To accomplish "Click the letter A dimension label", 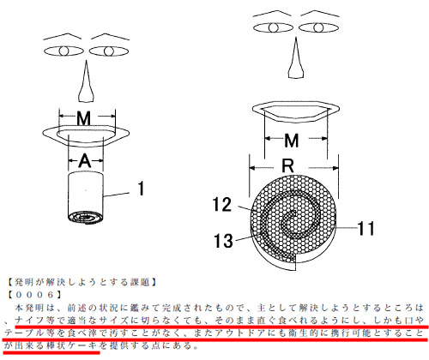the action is tap(85, 161).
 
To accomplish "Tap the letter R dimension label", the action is tap(287, 165).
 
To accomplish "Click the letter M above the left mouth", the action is tap(84, 118).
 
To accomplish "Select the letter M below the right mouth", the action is tap(292, 141).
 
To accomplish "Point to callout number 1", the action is tap(141, 189).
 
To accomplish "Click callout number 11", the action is tap(366, 228).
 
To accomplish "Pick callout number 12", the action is tap(221, 205).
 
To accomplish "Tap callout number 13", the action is tap(223, 241).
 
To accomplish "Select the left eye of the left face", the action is tap(63, 51).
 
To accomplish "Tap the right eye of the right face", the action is tap(318, 27).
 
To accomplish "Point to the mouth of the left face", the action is tap(86, 136).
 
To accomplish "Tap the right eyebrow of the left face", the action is tap(110, 37).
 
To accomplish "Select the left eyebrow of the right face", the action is tap(272, 14).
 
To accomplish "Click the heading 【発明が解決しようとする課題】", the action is tap(82, 282).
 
